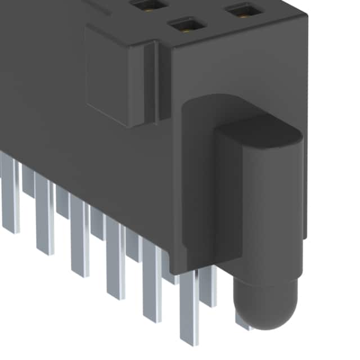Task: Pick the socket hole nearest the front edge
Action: point(185,25)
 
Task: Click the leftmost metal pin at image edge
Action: point(9,191)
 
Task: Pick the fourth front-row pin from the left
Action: point(115,259)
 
